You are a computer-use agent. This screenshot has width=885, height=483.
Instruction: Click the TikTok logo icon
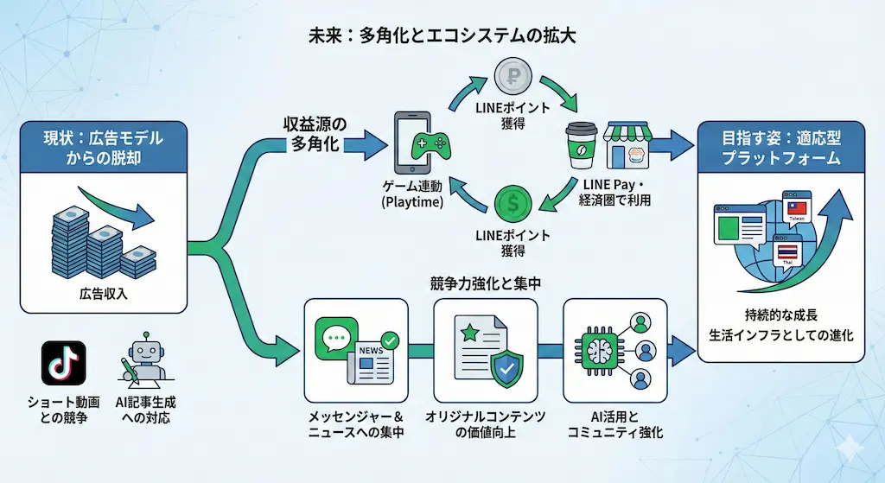64,363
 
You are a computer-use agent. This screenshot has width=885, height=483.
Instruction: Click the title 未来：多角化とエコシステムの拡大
442,36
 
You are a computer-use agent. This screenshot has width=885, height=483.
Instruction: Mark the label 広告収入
103,294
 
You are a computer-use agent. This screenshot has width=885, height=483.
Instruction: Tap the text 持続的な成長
780,315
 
